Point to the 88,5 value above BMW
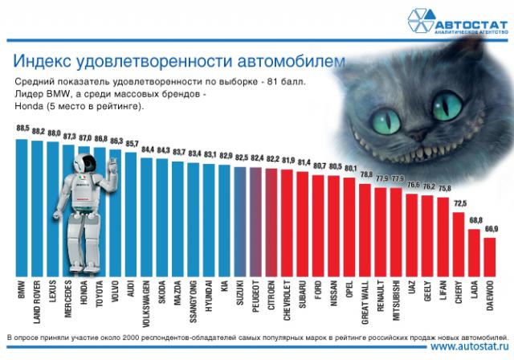[22, 129]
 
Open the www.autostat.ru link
[470, 347]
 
